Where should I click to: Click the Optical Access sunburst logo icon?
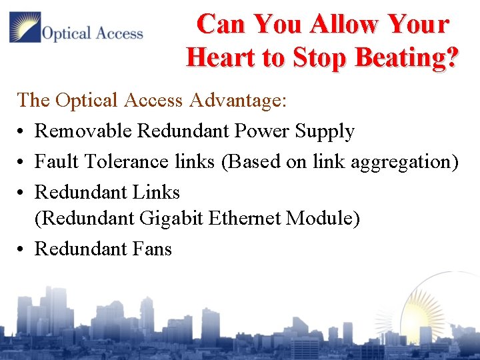25,27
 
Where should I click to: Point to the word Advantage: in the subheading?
238,101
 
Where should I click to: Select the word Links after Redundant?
155,192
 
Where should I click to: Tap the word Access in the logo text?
118,33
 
